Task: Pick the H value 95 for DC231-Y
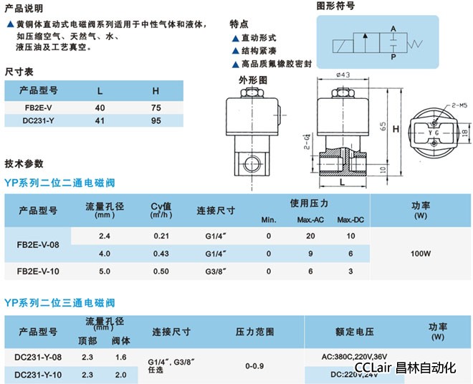156,121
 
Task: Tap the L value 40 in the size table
100,107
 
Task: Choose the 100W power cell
420,253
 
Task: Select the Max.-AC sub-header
311,219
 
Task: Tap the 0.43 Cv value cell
161,253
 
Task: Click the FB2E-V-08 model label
39,244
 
